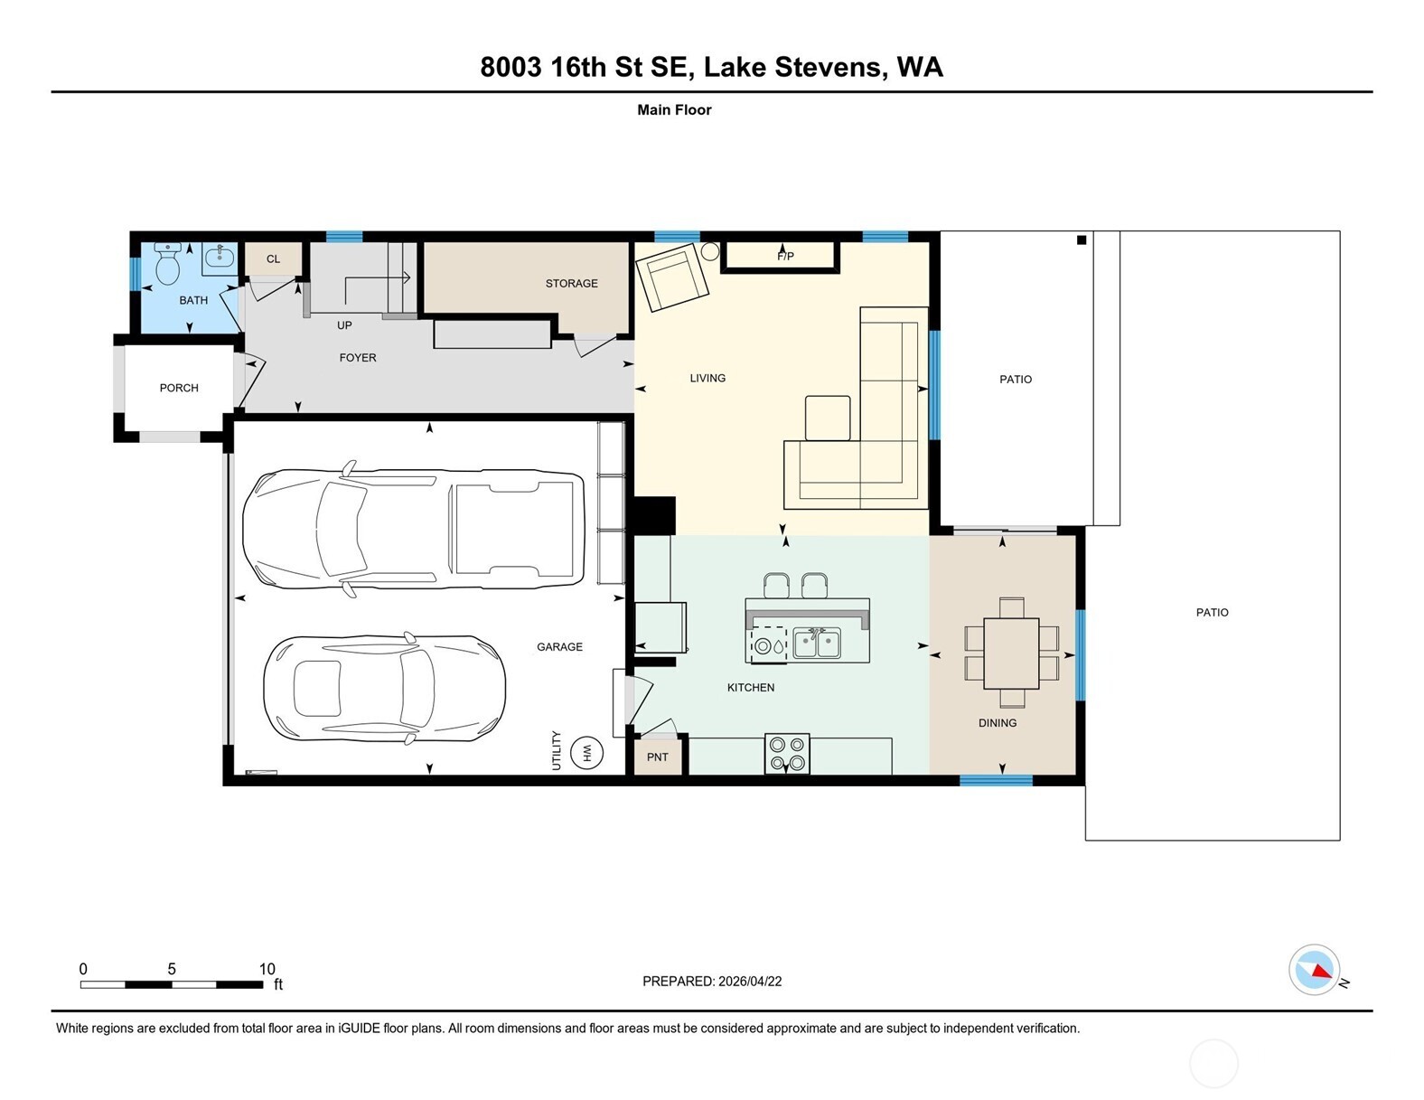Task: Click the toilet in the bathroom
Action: point(168,264)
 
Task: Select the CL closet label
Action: point(273,259)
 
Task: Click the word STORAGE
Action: point(571,283)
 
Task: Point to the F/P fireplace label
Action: point(785,257)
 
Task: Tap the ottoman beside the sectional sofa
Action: point(828,418)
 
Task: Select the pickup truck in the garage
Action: point(414,529)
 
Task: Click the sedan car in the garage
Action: point(385,689)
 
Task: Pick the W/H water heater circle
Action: point(587,753)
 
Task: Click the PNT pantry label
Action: point(657,757)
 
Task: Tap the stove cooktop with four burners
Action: point(787,754)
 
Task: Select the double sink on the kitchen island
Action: point(817,643)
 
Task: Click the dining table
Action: point(1011,653)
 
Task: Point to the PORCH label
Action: point(179,388)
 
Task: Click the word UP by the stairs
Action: point(344,325)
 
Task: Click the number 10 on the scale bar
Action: point(267,969)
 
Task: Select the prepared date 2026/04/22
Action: point(750,982)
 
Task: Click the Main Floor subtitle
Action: point(674,110)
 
